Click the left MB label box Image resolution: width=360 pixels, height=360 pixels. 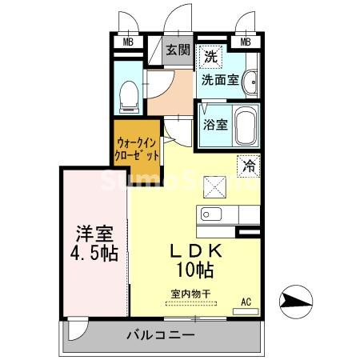(128, 42)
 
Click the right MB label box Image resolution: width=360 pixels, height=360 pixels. (246, 42)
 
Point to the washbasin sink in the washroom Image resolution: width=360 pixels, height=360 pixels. (251, 81)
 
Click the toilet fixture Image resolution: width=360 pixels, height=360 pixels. (127, 97)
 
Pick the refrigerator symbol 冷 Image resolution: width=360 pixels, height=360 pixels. (250, 166)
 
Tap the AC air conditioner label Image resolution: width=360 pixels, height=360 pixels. (246, 302)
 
